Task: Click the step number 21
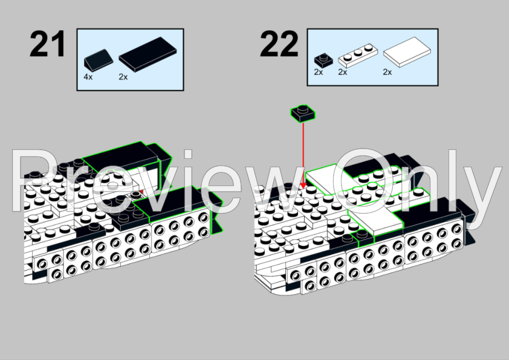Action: click(47, 43)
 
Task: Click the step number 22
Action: click(279, 43)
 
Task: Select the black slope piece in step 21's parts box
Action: click(99, 60)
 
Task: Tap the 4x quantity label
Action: click(88, 77)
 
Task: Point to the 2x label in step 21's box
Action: click(123, 77)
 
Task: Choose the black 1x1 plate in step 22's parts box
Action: click(323, 60)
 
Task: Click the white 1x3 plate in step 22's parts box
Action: click(358, 55)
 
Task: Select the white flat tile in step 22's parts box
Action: click(407, 52)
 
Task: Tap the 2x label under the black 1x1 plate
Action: click(319, 72)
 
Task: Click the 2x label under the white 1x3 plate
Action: click(343, 72)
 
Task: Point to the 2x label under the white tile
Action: click(387, 72)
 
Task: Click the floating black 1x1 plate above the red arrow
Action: click(302, 113)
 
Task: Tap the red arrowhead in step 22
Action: click(303, 185)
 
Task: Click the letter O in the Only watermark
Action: click(363, 181)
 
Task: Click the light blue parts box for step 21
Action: click(130, 60)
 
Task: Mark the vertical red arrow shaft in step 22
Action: click(303, 152)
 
